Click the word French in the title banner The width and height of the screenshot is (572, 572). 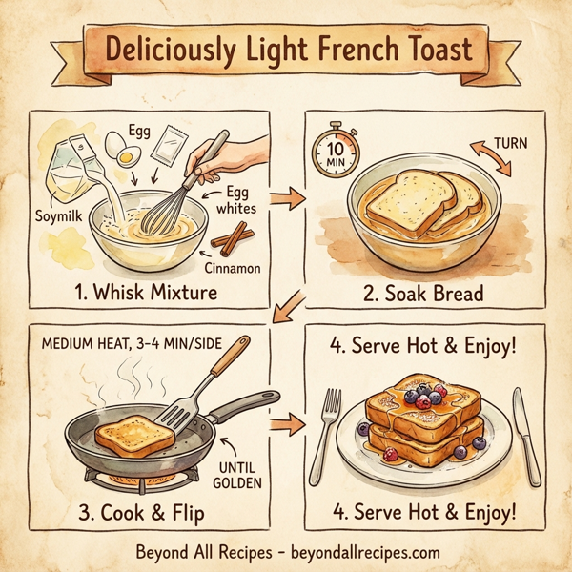(357, 50)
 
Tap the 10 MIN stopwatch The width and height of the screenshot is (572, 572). (335, 151)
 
